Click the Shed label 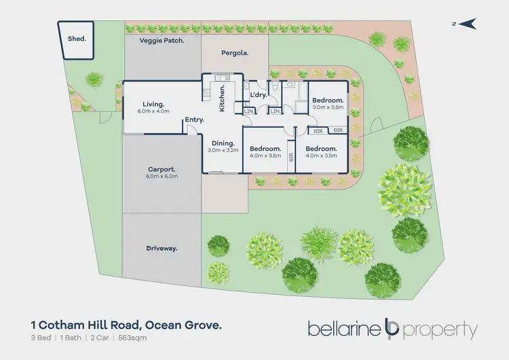click(77, 39)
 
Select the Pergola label click(235, 52)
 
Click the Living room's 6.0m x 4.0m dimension click(153, 111)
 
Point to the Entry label click(194, 120)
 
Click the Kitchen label click(222, 99)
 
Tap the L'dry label click(259, 94)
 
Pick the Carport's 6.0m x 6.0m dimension click(162, 177)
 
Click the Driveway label click(162, 249)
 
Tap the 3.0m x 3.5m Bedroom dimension click(329, 107)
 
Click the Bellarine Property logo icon click(391, 329)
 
